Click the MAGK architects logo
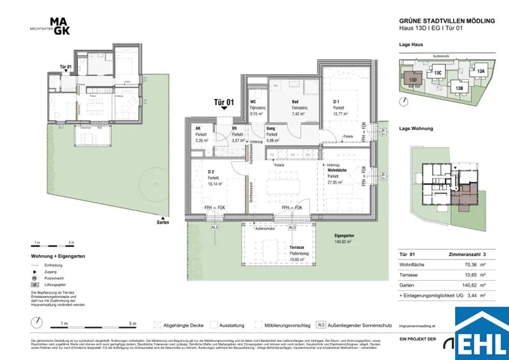(60, 26)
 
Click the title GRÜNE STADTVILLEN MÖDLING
(447, 21)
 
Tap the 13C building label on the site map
(437, 73)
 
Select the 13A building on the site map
(480, 71)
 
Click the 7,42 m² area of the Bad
(299, 113)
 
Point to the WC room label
(253, 101)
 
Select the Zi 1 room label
(336, 101)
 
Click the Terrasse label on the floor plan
(297, 247)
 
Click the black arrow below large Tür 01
(224, 107)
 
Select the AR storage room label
(197, 128)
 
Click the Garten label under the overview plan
(163, 222)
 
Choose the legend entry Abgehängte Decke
(183, 326)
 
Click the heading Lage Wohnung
(416, 128)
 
